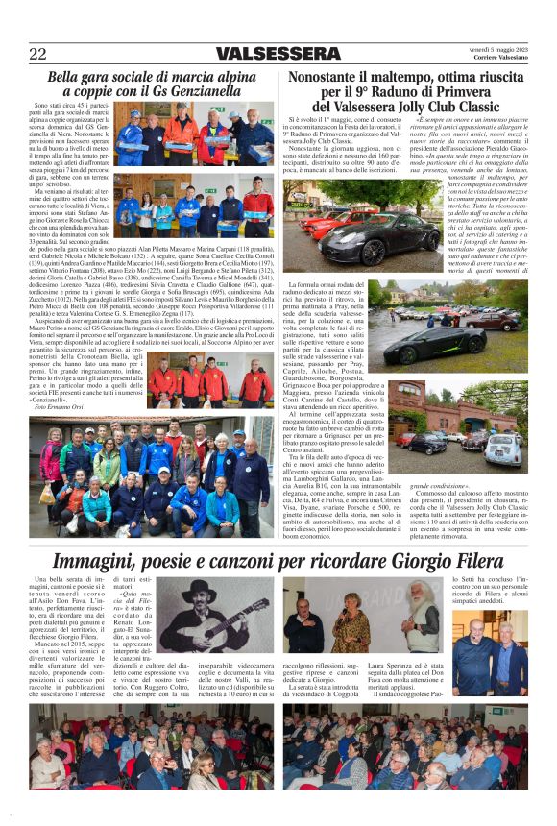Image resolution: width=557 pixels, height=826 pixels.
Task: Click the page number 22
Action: pyautogui.click(x=38, y=53)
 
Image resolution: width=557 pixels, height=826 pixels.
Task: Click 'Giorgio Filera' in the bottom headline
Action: pyautogui.click(x=448, y=561)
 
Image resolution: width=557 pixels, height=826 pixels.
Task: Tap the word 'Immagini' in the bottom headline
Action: pyautogui.click(x=92, y=561)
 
